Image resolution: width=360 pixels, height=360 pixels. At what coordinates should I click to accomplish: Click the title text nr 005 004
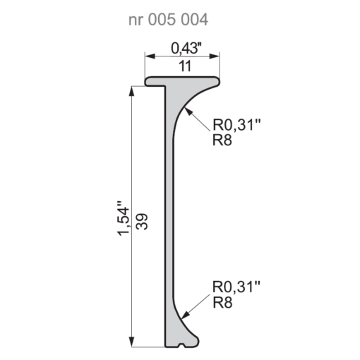168,20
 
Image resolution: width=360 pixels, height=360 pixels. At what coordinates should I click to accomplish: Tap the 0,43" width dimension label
186,49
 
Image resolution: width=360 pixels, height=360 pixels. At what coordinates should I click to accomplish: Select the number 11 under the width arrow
185,66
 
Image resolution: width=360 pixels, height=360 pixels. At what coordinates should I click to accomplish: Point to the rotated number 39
142,222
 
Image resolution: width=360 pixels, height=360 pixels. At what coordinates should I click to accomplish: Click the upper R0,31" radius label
236,124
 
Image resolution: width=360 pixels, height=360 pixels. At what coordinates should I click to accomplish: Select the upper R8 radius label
222,140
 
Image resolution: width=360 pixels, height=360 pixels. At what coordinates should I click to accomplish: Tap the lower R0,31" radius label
236,287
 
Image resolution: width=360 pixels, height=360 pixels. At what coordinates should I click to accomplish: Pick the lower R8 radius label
222,302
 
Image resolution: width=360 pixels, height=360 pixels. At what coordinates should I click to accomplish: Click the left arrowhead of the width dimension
150,56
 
